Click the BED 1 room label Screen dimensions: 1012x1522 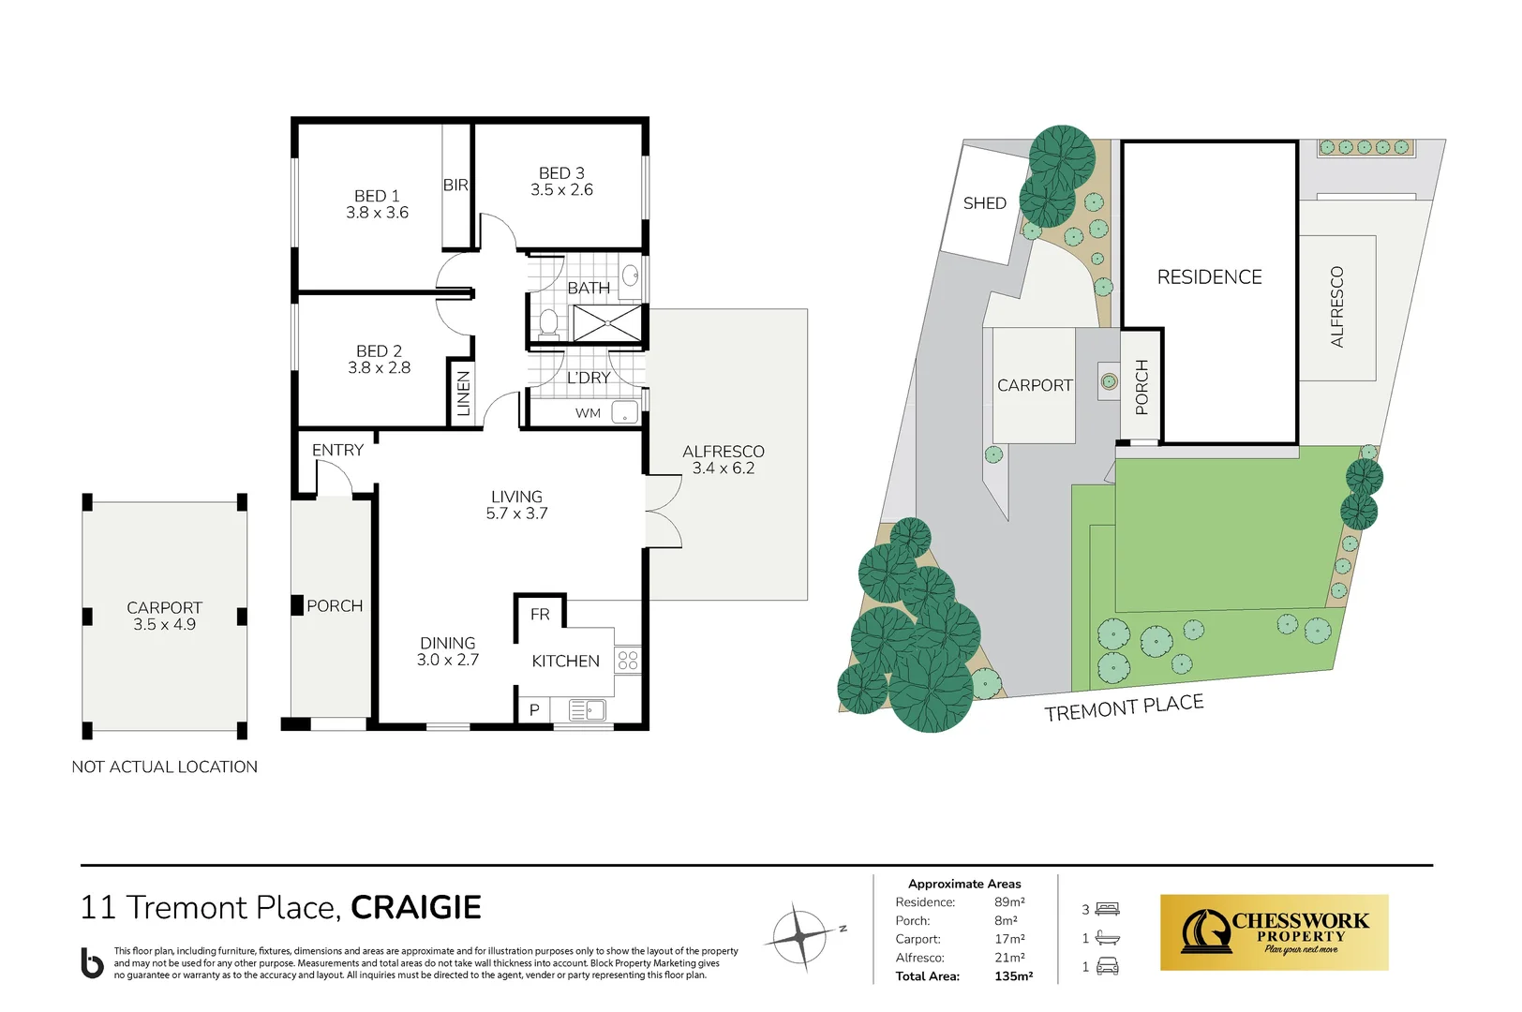[377, 196]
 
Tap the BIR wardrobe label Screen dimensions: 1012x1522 [455, 186]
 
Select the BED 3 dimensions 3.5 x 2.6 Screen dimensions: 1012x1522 [561, 190]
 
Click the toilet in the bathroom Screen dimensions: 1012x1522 [548, 323]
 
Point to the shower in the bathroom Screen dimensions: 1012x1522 [607, 323]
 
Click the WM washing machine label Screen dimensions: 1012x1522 [588, 413]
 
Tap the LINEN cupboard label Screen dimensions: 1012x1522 [463, 394]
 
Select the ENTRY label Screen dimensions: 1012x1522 [337, 451]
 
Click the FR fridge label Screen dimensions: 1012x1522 [540, 615]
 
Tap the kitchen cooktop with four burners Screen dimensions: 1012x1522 [628, 660]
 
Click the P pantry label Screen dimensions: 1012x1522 [534, 710]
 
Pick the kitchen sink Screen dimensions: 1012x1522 [588, 711]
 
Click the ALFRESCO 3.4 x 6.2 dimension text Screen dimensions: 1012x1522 [724, 469]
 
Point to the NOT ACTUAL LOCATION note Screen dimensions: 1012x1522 [165, 767]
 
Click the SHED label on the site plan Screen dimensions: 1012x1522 [984, 203]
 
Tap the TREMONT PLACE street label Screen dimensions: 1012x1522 [1124, 707]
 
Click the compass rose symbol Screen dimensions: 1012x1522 [798, 936]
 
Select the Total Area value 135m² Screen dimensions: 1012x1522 [1013, 976]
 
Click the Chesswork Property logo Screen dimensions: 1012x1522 [1274, 932]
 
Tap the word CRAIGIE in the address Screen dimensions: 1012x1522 [416, 907]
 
